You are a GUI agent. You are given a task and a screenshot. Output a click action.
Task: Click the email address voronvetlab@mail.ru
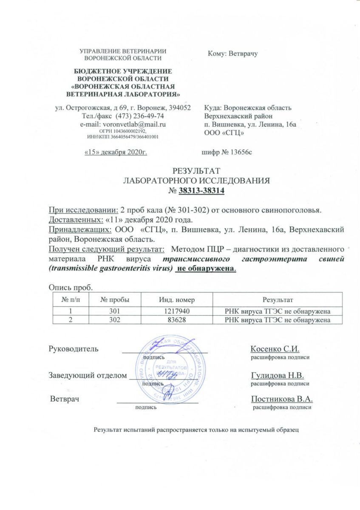coord(131,124)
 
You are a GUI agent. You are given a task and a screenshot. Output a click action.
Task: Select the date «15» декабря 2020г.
coord(116,152)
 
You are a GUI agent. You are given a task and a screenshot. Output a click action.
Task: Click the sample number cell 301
coord(114,311)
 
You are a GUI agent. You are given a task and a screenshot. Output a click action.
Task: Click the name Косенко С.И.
coord(275,349)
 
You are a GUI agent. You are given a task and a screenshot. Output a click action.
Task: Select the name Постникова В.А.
coord(282,399)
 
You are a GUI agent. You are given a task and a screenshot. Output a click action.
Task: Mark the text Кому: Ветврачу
coord(233,54)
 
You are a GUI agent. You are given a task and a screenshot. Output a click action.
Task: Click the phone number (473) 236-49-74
coord(137,116)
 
